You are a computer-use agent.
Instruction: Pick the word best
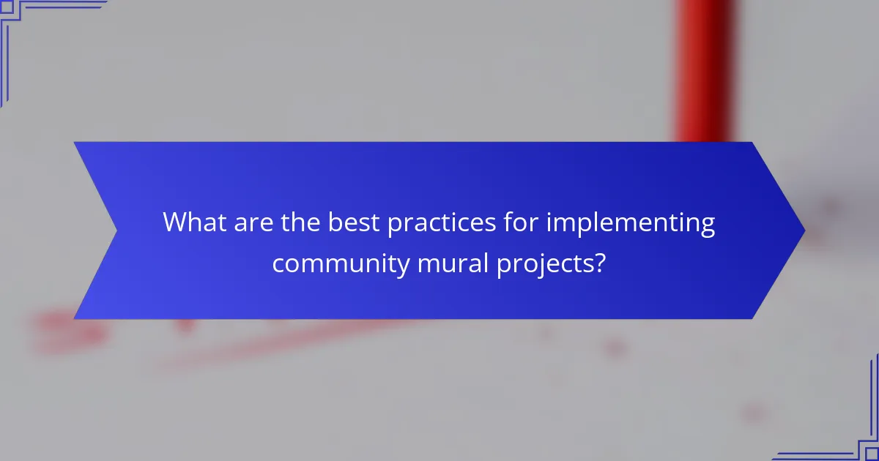coord(354,222)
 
